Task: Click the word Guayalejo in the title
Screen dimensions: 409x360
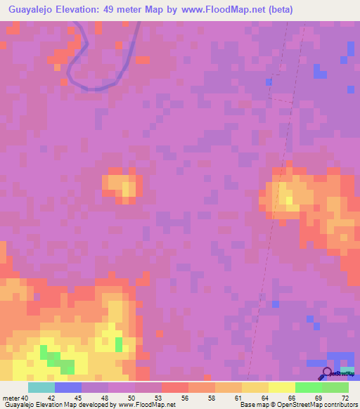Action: coord(31,10)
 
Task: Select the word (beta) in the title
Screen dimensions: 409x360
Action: coord(278,10)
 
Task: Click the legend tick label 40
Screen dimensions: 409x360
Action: coord(24,398)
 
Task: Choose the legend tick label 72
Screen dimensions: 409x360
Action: coord(345,398)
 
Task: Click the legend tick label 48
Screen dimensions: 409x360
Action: coord(104,398)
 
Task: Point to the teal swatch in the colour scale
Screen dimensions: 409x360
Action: coord(41,387)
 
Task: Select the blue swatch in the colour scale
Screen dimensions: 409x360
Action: coord(68,387)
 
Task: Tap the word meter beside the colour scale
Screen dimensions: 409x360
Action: coord(11,398)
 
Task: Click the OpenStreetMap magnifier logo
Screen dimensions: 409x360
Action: coord(326,372)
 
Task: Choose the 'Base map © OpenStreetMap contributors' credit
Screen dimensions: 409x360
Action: coord(298,405)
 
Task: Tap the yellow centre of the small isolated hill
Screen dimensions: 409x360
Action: coord(128,188)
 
